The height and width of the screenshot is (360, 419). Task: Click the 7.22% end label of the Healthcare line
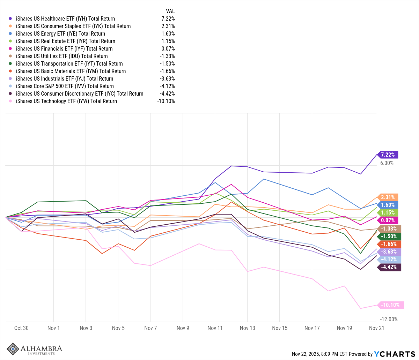(388, 155)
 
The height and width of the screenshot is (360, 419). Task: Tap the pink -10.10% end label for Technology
(390, 305)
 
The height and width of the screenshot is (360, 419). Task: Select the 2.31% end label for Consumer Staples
(388, 197)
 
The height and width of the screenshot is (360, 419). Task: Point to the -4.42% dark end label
(389, 267)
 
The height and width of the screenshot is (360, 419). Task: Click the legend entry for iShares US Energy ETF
(60, 34)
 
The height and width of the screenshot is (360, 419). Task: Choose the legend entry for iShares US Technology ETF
(66, 101)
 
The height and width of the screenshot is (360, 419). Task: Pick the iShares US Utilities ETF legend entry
(62, 56)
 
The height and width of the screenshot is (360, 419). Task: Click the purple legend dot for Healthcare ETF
(10, 19)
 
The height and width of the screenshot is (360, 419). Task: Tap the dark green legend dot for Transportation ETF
(10, 64)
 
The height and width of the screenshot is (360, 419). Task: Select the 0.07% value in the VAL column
(168, 49)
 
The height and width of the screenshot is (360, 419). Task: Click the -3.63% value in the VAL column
(167, 79)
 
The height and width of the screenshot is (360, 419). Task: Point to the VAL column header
(170, 11)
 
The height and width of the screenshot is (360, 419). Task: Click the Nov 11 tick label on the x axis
(215, 328)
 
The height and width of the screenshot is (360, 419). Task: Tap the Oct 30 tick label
(21, 328)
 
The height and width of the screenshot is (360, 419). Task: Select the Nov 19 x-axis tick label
(344, 328)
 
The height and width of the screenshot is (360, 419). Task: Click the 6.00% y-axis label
(387, 163)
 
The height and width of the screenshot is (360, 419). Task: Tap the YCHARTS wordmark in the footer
(394, 354)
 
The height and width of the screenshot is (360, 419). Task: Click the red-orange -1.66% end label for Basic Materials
(389, 244)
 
